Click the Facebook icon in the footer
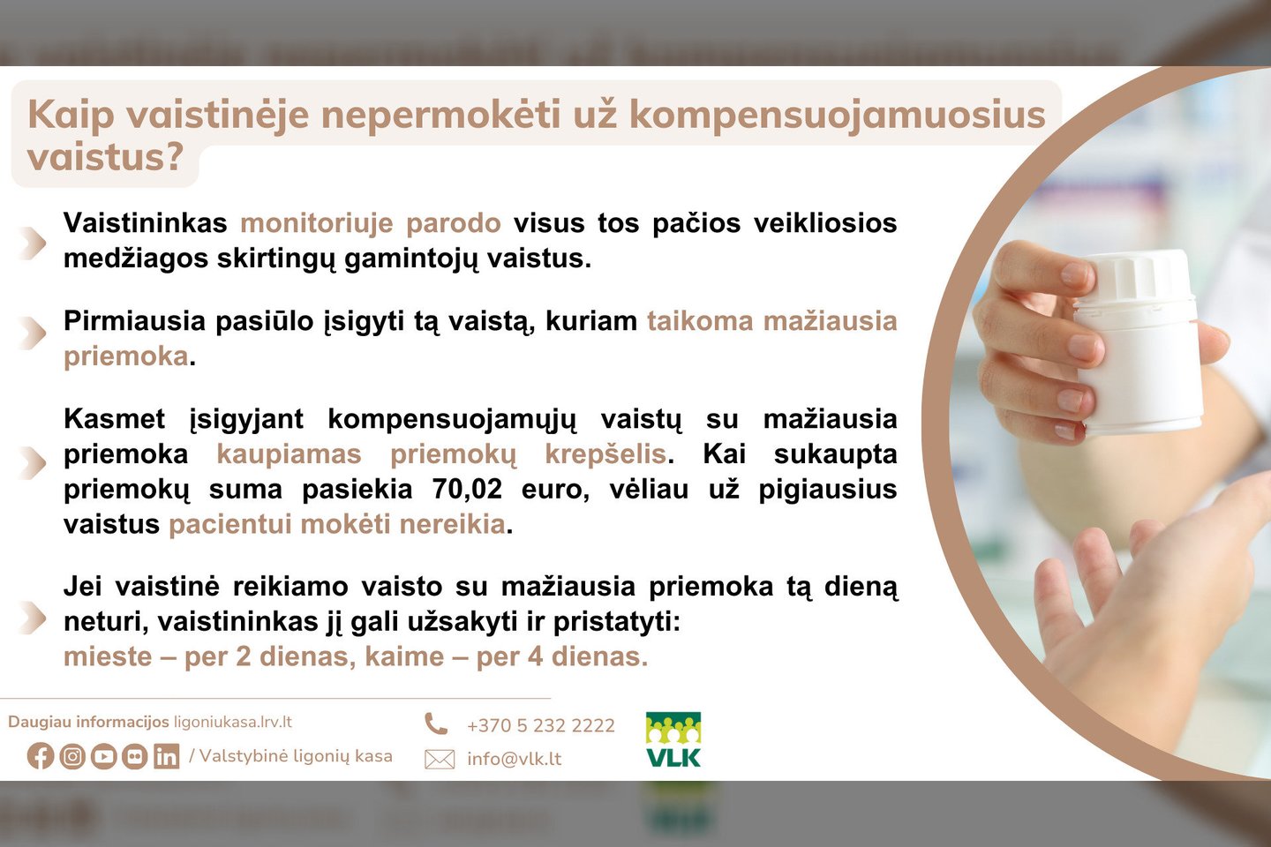(x=41, y=756)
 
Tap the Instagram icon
(x=72, y=756)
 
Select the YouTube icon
(x=103, y=756)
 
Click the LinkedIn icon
(x=166, y=756)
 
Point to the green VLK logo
(x=673, y=739)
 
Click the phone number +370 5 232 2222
(x=541, y=725)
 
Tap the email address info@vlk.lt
(x=514, y=759)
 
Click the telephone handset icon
(x=436, y=723)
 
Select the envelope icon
(x=440, y=760)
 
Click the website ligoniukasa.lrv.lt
(x=233, y=723)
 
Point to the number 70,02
(x=467, y=489)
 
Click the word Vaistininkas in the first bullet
(x=146, y=223)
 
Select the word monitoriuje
(x=317, y=223)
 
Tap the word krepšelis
(x=605, y=454)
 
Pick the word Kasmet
(x=114, y=419)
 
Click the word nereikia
(x=452, y=524)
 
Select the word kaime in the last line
(x=404, y=657)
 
